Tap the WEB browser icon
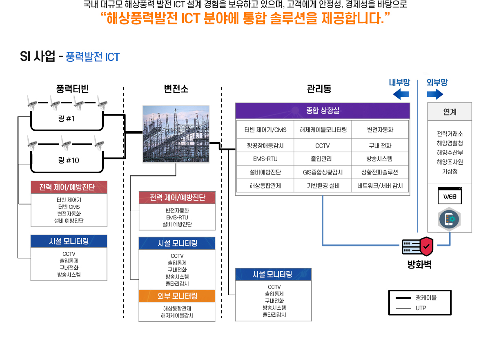tap(450, 197)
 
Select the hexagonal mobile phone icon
tap(450, 219)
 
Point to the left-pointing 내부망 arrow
tap(401, 95)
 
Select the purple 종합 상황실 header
tap(323, 110)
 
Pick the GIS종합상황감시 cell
tap(323, 172)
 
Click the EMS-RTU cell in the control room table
tap(265, 159)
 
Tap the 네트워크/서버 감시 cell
tap(380, 186)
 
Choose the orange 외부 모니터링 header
tap(177, 296)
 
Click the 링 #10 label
tap(68, 160)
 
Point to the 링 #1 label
tap(67, 119)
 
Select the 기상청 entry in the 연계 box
tap(450, 171)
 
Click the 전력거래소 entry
tap(450, 134)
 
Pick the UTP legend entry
tap(421, 308)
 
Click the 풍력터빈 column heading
tap(73, 89)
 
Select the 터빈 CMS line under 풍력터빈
tap(69, 207)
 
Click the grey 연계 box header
tap(450, 112)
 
